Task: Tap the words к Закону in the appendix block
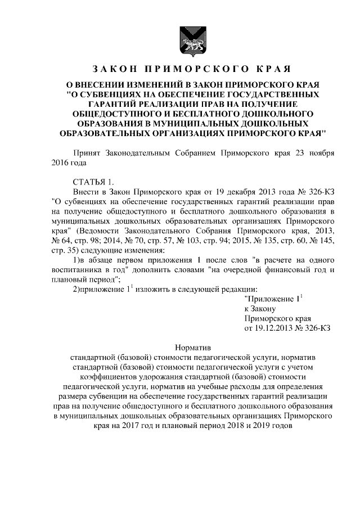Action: coord(259,309)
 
